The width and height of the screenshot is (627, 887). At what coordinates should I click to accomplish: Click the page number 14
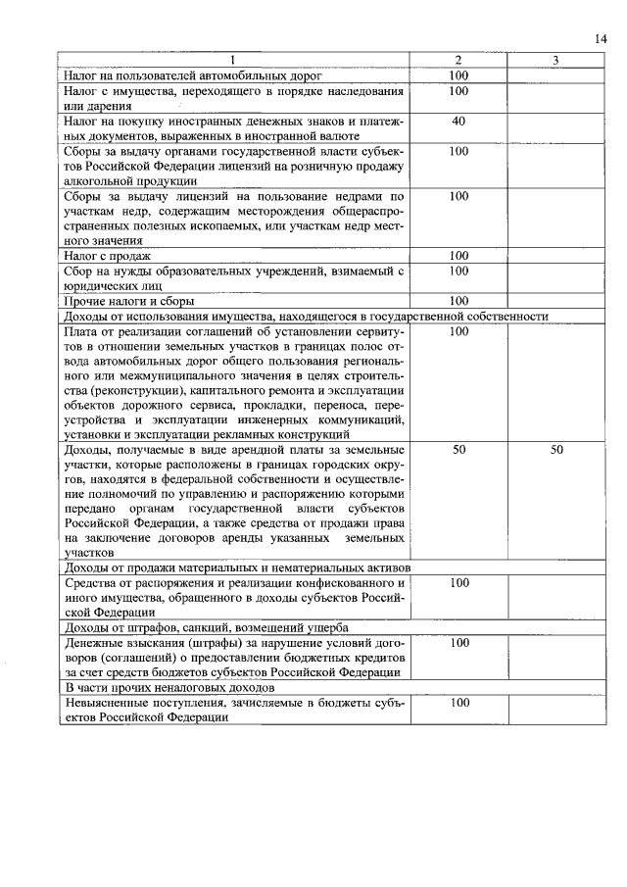[x=601, y=38]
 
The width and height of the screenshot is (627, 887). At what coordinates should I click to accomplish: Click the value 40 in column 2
[x=458, y=121]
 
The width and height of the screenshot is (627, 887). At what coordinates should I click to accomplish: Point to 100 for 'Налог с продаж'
[x=458, y=256]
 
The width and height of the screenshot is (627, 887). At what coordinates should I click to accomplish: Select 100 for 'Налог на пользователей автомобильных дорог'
[x=458, y=75]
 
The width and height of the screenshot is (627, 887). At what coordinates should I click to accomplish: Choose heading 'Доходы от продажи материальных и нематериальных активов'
[x=237, y=567]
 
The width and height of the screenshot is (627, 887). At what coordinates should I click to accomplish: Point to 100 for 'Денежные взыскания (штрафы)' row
[x=458, y=643]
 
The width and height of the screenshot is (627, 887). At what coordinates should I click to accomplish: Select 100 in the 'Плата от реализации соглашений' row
[x=458, y=331]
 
